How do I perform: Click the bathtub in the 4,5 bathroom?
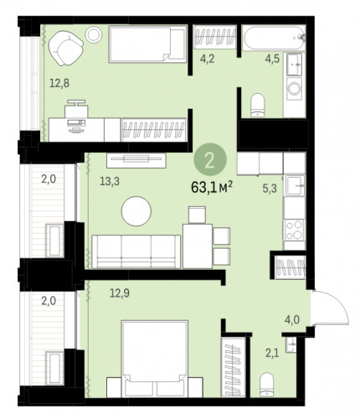click(273, 38)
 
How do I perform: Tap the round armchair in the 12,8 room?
click(66, 48)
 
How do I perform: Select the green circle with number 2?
click(210, 159)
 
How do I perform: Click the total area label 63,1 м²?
click(212, 187)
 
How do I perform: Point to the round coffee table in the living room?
click(136, 211)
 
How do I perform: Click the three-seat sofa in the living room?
click(136, 251)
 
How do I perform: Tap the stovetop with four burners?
click(294, 230)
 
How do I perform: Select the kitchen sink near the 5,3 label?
click(295, 185)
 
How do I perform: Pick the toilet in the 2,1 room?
click(266, 385)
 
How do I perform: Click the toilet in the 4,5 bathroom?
click(258, 105)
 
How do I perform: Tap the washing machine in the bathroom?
click(294, 89)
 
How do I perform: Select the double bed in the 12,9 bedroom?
click(154, 359)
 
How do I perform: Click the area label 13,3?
click(110, 181)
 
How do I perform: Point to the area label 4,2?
click(208, 59)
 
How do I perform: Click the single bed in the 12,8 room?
click(147, 44)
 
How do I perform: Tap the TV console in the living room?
click(136, 160)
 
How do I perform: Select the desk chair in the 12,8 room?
click(76, 108)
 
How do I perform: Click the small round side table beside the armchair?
click(93, 35)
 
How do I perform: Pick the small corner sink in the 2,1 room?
click(291, 344)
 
